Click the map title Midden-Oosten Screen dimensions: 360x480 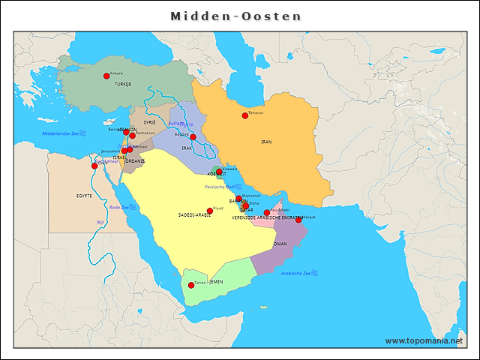235,16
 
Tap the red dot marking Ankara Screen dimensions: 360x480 106,76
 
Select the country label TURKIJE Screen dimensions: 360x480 122,84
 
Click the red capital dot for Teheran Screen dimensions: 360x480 244,115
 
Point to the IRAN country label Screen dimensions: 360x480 266,142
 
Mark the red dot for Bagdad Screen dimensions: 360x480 193,136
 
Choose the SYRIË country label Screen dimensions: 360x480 149,121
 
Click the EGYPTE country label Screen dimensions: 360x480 84,195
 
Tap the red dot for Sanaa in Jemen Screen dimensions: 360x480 191,285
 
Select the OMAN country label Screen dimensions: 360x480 280,244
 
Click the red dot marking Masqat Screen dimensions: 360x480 298,220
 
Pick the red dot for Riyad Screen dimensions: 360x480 210,211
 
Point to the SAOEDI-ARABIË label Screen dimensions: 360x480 194,215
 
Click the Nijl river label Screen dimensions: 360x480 100,222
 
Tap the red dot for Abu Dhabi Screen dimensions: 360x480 267,213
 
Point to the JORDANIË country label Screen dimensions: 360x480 134,160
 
